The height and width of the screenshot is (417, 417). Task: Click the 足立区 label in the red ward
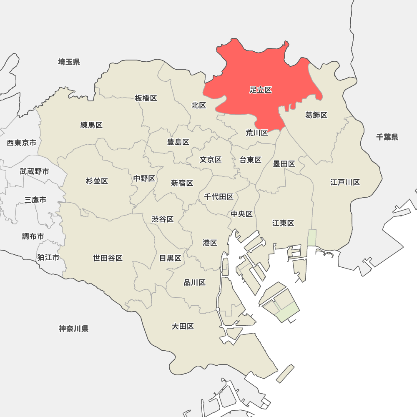(261, 90)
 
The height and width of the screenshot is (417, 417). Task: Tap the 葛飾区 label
(317, 115)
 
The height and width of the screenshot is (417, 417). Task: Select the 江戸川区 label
(345, 182)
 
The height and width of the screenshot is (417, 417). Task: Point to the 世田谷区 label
(108, 258)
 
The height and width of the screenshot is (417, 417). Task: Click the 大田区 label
(183, 326)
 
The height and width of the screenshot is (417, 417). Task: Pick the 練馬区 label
(91, 125)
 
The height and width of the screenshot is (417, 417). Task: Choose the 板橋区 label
(146, 98)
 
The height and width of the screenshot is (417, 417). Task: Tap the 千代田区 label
(219, 197)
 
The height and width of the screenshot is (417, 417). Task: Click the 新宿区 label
(182, 183)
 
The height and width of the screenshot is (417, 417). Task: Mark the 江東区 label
(283, 223)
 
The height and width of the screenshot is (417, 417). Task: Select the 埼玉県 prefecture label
(69, 62)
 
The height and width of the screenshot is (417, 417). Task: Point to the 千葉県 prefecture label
(387, 137)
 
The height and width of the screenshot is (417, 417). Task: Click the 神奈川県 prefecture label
(73, 329)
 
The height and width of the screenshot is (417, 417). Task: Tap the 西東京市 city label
(22, 143)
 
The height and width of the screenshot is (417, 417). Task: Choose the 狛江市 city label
(48, 257)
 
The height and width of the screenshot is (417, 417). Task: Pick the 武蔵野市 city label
(34, 171)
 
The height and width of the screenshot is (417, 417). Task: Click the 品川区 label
(195, 283)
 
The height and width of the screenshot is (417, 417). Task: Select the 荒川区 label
(257, 133)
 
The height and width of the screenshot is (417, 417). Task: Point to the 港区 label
(210, 243)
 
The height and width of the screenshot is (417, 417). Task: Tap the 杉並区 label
(97, 181)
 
